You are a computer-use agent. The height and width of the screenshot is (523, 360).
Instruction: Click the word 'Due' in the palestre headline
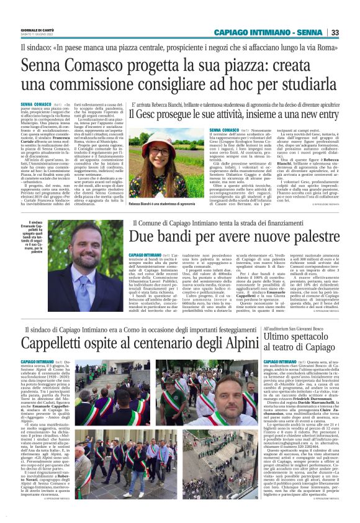(x=141, y=237)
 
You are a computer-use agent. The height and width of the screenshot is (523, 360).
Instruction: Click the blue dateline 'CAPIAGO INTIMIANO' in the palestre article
(x=145, y=255)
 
